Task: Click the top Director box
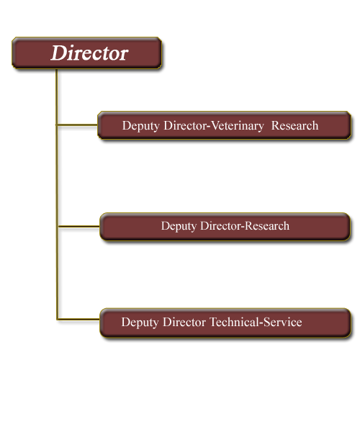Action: [x=87, y=53]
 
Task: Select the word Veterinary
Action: [x=237, y=126]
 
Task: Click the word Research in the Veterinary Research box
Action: [x=294, y=125]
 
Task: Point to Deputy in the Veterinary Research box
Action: [x=140, y=126]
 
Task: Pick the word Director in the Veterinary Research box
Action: [x=185, y=125]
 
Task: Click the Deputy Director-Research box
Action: [x=225, y=227]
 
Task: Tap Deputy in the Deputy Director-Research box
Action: [x=179, y=226]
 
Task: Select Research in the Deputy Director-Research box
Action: [x=267, y=225]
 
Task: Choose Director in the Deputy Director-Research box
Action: [x=221, y=225]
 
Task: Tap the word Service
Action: [x=283, y=322]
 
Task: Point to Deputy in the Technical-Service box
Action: [x=140, y=323]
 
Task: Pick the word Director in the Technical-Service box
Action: [x=184, y=322]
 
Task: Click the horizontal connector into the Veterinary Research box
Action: [x=77, y=125]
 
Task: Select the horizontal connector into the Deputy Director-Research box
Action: [x=79, y=227]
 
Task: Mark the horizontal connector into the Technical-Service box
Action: [x=78, y=319]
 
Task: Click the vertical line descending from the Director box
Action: [x=57, y=194]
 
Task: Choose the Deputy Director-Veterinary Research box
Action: [x=224, y=125]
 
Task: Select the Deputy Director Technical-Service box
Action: [x=225, y=323]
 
